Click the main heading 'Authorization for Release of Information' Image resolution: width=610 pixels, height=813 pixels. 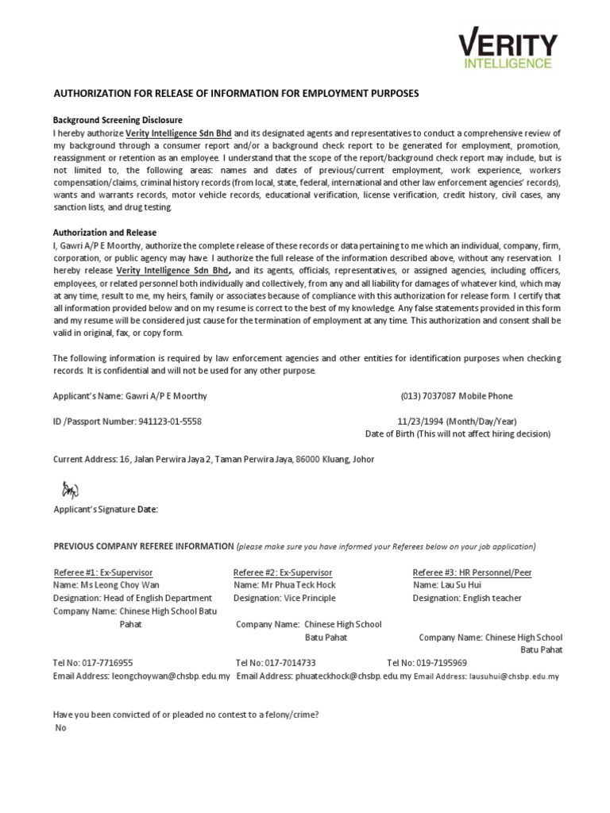[235, 94]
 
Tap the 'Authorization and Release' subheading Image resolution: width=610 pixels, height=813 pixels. [104, 233]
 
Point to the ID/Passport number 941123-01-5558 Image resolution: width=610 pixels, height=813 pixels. [169, 422]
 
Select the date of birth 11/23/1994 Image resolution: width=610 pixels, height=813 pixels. [421, 422]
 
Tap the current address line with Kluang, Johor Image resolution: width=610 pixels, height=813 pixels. [213, 459]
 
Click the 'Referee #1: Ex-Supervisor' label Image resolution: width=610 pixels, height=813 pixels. [102, 572]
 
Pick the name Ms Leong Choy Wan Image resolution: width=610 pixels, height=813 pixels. [106, 585]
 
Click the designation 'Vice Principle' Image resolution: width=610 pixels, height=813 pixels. [308, 598]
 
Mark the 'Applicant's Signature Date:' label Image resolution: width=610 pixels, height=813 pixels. [105, 510]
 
